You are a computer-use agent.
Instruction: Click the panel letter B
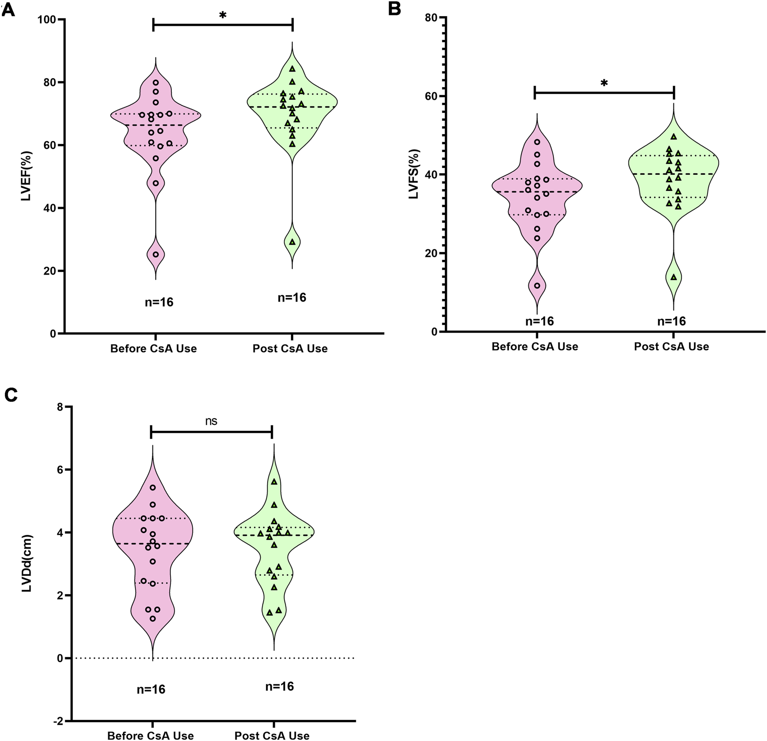(395, 9)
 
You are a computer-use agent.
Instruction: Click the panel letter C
(11, 395)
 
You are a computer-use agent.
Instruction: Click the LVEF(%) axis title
(26, 176)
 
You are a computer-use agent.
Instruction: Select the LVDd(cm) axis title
(27, 563)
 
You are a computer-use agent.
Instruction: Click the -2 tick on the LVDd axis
(58, 721)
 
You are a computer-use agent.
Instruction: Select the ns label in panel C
(211, 421)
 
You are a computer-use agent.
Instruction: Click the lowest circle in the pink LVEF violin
(156, 254)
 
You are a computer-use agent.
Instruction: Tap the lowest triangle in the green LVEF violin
(292, 242)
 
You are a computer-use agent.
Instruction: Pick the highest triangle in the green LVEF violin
(292, 69)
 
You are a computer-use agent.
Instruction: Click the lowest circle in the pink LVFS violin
(537, 285)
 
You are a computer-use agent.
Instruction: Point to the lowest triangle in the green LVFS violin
(673, 277)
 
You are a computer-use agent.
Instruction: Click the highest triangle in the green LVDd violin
(274, 482)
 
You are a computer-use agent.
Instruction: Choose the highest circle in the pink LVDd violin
(153, 488)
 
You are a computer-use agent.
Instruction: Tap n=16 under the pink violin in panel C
(151, 689)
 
